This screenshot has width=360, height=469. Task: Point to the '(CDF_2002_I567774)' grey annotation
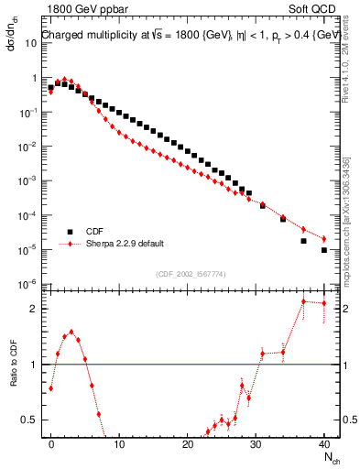pos(192,274)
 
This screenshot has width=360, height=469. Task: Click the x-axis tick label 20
pos(188,442)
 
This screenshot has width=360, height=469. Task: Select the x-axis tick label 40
pos(324,442)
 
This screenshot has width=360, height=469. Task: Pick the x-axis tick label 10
pos(119,442)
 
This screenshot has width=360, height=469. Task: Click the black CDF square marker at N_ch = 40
pos(324,249)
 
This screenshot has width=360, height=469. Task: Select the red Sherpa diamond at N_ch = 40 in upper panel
pos(324,239)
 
